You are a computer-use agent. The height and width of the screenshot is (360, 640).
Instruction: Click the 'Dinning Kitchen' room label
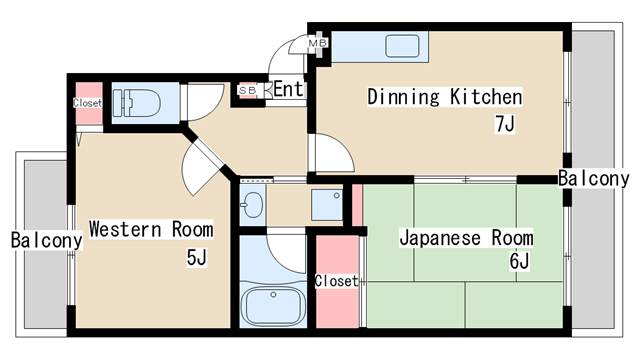(445, 97)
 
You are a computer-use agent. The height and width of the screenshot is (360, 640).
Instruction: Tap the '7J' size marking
(506, 124)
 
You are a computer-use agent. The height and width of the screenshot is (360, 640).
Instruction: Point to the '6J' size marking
(518, 262)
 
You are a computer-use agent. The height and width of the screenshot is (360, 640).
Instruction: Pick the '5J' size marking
(196, 259)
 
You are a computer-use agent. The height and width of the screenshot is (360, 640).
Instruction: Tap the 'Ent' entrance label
(288, 90)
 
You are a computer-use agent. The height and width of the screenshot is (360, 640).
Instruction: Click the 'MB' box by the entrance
(317, 44)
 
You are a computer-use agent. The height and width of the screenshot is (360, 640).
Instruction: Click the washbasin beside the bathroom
(251, 205)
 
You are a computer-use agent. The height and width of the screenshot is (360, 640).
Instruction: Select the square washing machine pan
(326, 204)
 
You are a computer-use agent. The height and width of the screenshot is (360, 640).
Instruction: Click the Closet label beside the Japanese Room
(335, 281)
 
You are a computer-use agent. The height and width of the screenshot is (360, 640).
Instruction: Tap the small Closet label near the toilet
(87, 103)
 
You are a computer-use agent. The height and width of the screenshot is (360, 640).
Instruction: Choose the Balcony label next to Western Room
(46, 240)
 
